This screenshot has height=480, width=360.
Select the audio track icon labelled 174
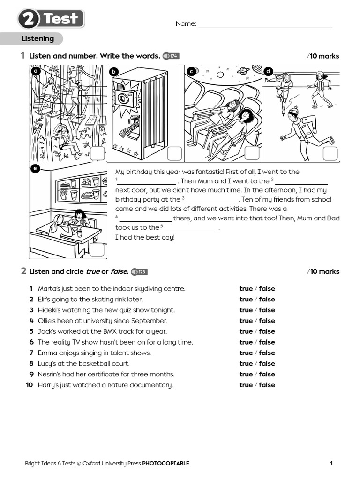[171, 56]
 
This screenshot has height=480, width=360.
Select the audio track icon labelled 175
[139, 272]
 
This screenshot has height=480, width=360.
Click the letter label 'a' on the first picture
[35, 71]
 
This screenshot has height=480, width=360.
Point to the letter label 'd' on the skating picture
[268, 71]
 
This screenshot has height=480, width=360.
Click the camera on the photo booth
[125, 97]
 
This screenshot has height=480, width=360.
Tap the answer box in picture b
[174, 153]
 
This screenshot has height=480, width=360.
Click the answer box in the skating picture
[330, 153]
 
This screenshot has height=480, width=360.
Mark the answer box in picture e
[97, 249]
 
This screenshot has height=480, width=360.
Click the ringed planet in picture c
[243, 70]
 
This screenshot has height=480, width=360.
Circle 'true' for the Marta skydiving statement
[246, 289]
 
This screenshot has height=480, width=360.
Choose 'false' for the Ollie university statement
[267, 321]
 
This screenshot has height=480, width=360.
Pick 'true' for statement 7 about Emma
[246, 353]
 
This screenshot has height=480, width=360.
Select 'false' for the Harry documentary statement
[267, 385]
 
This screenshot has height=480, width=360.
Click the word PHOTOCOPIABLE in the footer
[165, 464]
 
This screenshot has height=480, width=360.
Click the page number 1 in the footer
[331, 464]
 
